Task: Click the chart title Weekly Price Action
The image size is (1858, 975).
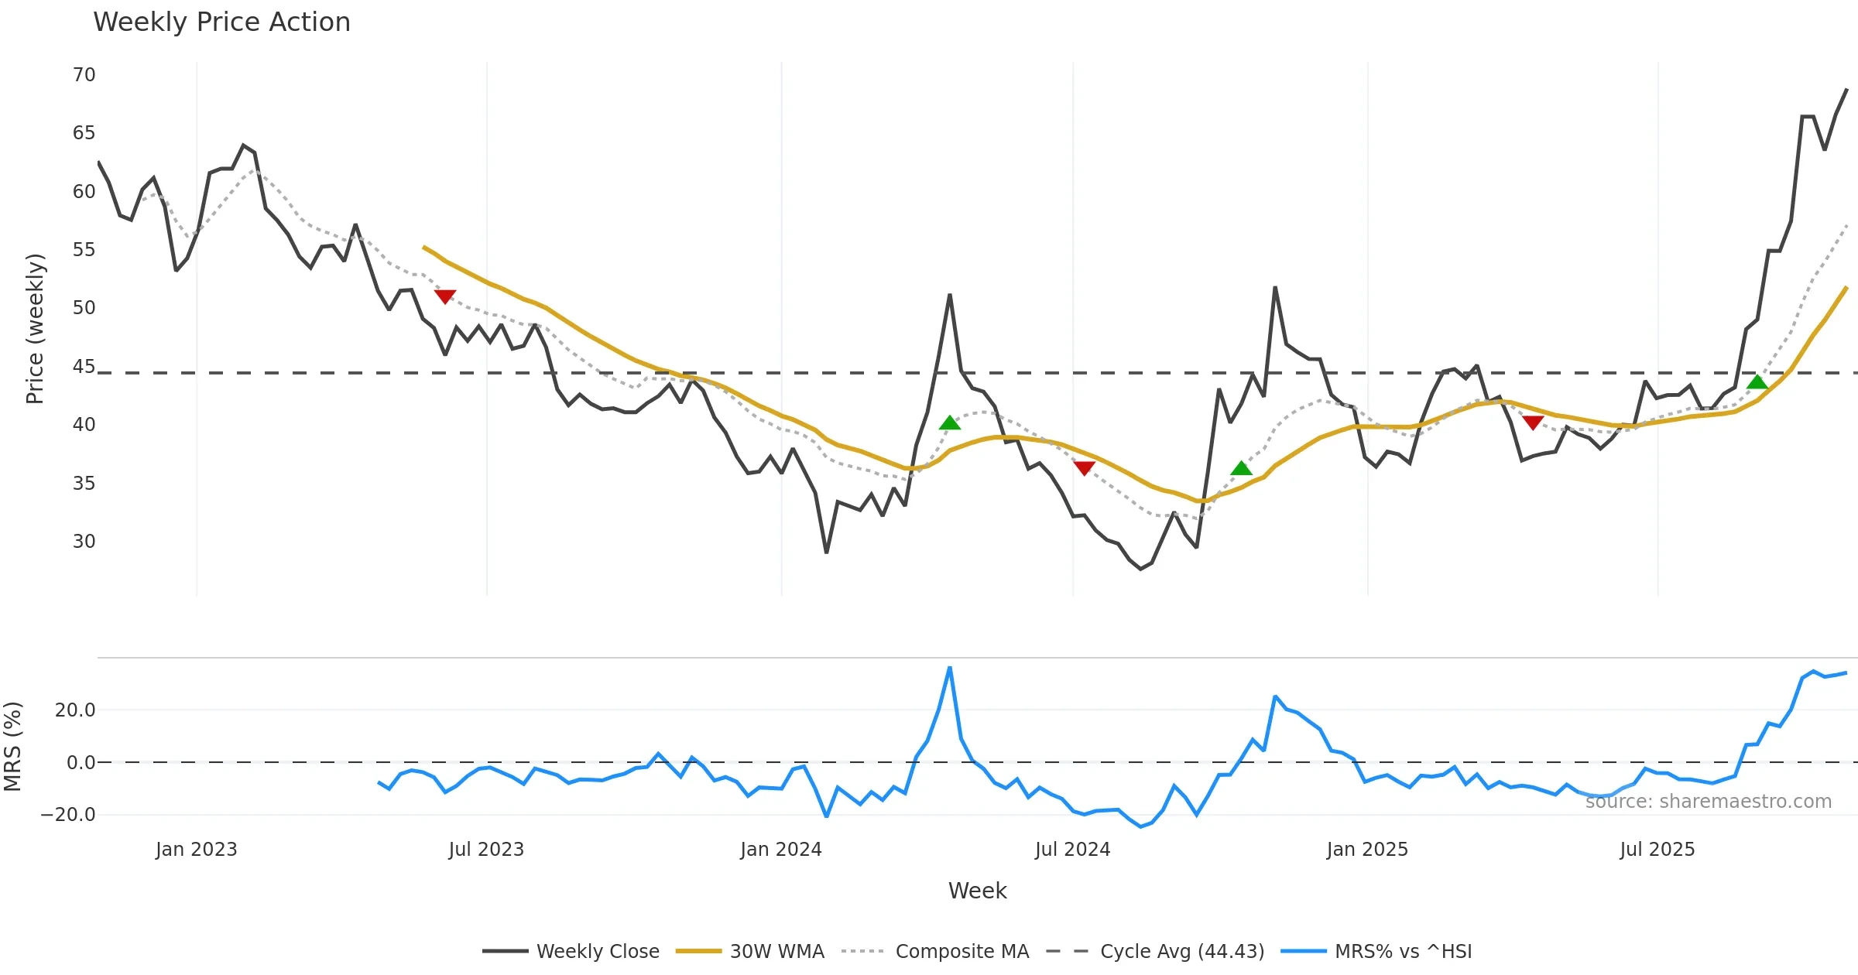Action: tap(221, 22)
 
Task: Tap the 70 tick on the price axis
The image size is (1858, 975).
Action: tap(84, 75)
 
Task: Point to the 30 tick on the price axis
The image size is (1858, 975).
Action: tap(84, 542)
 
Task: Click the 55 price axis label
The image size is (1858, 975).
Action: tap(84, 250)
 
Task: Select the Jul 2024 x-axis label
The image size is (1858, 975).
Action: tap(1072, 850)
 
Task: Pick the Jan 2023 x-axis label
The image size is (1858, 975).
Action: tap(196, 850)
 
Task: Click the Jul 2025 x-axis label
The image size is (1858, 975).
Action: tap(1657, 850)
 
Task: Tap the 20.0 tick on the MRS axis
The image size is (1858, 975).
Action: tap(75, 710)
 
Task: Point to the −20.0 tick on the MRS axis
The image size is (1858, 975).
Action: tap(68, 815)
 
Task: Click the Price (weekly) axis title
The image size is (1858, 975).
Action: tap(35, 329)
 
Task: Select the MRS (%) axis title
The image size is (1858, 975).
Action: tap(12, 747)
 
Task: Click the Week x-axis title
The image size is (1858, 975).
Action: tap(977, 891)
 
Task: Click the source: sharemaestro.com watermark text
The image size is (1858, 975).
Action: tap(1708, 802)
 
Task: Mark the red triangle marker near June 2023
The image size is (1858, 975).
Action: tap(444, 296)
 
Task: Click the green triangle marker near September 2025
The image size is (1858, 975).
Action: tap(1757, 382)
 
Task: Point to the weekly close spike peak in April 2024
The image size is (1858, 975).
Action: tap(949, 295)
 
